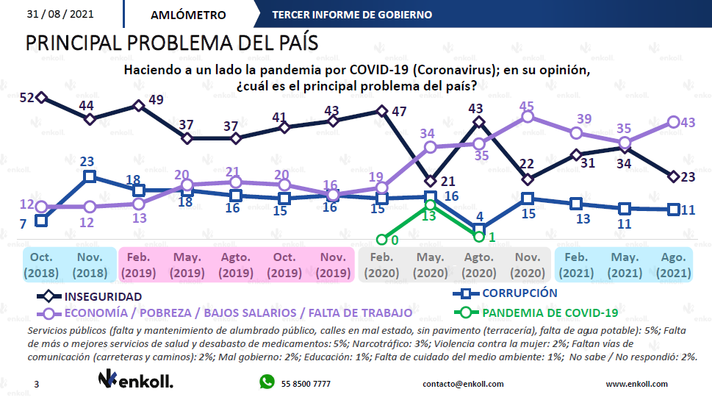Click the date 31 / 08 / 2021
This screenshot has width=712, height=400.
point(60,14)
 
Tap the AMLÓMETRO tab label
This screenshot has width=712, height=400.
point(188,15)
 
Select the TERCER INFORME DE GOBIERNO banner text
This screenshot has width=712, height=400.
point(351,15)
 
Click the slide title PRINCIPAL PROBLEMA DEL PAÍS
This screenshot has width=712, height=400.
point(172,43)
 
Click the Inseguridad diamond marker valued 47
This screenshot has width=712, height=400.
point(382,111)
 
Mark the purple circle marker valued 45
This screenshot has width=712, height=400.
point(527,116)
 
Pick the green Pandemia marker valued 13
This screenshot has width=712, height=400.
point(431,205)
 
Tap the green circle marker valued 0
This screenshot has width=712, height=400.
point(382,239)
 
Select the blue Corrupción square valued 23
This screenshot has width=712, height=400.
point(90,176)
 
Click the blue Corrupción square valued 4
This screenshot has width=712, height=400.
point(479,229)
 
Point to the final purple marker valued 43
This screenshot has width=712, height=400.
point(672,122)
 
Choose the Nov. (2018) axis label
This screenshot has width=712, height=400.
point(90,265)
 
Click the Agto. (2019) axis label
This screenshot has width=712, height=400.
point(235,265)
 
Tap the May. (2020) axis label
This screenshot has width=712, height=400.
point(430,265)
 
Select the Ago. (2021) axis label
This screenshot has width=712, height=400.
point(672,265)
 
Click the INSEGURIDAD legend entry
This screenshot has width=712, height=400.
point(104,297)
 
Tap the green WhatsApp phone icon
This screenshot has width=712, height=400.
point(266,382)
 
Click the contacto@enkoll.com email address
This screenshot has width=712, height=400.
point(463,384)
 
